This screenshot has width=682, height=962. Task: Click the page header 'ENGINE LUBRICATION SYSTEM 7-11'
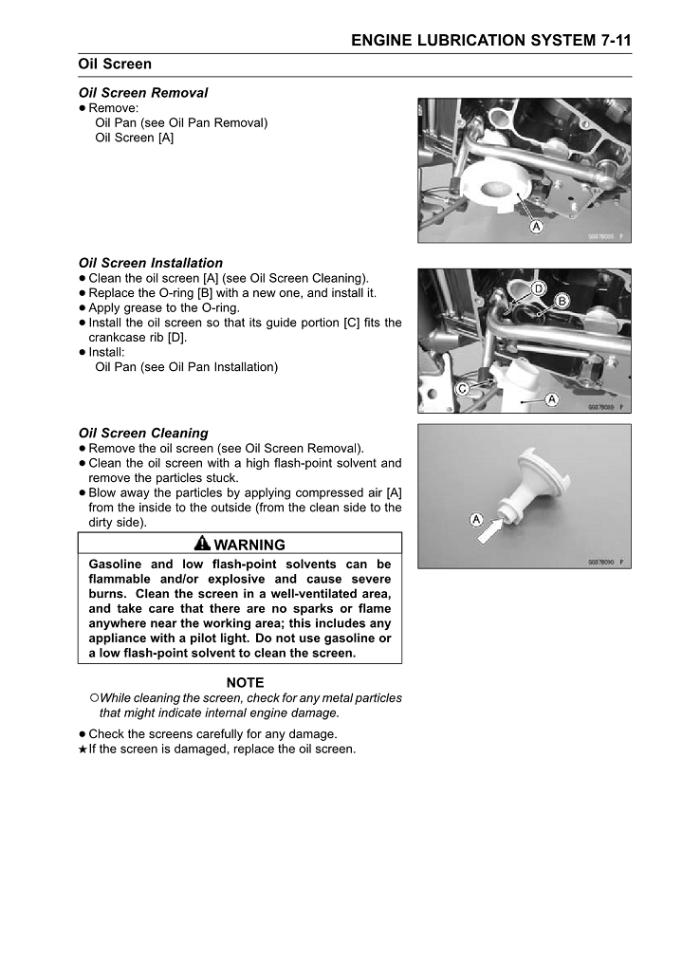tap(490, 40)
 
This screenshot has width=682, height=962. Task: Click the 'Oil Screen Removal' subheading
tap(143, 93)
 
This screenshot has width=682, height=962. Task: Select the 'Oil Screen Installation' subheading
tap(151, 263)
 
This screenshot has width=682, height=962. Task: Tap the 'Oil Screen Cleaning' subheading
tap(143, 433)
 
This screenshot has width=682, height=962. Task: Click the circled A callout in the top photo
tap(535, 227)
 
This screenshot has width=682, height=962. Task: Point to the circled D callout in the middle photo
tap(538, 287)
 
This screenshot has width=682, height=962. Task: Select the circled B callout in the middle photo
tap(562, 301)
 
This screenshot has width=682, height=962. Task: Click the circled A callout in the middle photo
tap(550, 400)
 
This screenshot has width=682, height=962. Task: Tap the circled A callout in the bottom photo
tap(475, 520)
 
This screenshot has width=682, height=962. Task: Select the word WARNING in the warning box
tap(249, 545)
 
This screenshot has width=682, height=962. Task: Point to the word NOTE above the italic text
tap(245, 682)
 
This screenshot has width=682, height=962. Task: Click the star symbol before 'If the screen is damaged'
tap(83, 749)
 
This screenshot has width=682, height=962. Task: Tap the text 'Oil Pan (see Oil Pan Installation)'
tap(187, 366)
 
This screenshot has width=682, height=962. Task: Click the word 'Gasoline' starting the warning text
tap(119, 564)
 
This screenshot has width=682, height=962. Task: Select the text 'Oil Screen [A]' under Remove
tap(135, 138)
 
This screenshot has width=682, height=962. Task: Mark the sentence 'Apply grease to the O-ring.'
tap(164, 307)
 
